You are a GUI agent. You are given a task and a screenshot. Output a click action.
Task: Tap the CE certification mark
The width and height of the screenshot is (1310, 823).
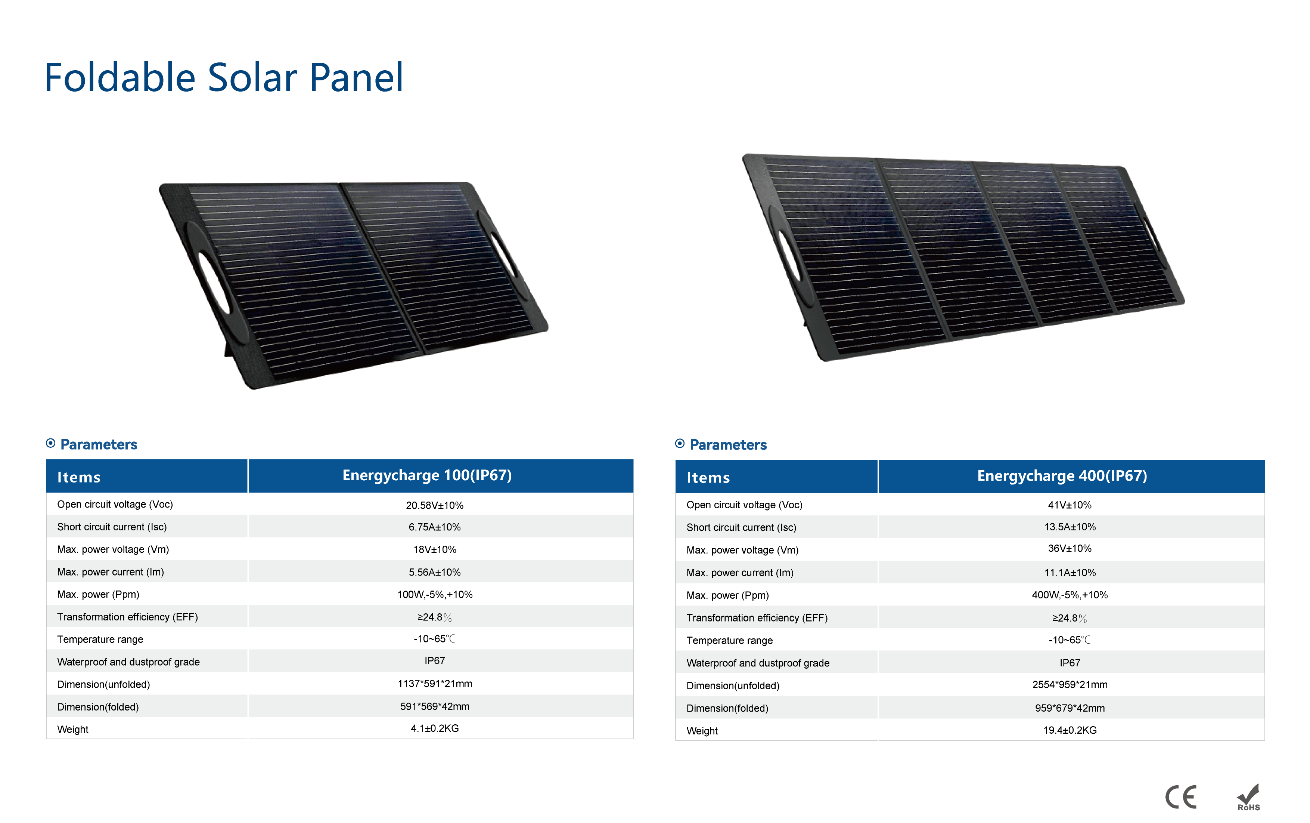1180,798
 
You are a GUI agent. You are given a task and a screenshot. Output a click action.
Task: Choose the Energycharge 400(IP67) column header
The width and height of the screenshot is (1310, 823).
1062,476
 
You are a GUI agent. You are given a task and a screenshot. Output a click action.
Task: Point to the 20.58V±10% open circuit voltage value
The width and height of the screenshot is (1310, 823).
435,505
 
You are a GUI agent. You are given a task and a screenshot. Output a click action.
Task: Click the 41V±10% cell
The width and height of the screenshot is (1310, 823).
1070,505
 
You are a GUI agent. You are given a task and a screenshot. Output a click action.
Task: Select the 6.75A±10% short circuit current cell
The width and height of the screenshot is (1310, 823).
435,527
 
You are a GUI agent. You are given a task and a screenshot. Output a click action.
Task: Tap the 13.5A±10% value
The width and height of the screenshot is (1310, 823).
1070,527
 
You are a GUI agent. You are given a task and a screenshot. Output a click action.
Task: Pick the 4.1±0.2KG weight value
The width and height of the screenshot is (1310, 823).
435,728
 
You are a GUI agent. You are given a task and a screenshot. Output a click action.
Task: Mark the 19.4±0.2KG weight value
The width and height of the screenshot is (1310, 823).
1070,730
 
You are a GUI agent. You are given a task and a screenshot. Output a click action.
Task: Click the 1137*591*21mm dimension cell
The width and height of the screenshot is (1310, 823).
435,684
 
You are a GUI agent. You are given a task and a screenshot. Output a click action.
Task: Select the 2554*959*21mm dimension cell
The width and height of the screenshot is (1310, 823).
1070,684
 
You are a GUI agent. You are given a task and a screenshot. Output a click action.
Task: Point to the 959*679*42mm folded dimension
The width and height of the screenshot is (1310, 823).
1070,708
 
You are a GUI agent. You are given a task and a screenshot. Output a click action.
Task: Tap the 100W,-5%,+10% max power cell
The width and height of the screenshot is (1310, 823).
435,594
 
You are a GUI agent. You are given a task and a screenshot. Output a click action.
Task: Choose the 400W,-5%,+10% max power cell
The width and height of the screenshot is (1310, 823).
1070,595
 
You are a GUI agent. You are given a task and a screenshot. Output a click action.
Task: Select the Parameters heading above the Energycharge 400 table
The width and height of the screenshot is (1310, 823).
727,445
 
